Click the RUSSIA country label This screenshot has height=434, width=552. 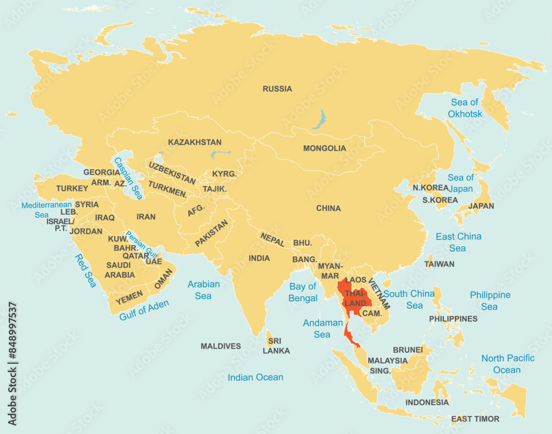pos(277,89)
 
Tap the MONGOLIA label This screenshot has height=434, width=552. pos(325,149)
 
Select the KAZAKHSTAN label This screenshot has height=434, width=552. pos(195,142)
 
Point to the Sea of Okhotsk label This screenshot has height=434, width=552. pos(465,108)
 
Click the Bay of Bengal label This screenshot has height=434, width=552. pos(303,293)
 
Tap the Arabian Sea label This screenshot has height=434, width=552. pos(203,290)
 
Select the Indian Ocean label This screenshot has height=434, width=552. pos(256,378)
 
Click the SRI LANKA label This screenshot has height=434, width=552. pos(276,346)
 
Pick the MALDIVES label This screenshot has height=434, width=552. pos(221,346)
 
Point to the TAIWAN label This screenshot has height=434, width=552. pos(439,264)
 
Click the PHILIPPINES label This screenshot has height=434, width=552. pos(453,319)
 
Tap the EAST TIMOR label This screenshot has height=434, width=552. pos(475,419)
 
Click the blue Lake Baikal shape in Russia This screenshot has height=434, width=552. pos(320,119)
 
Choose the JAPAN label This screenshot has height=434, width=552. pos(481,206)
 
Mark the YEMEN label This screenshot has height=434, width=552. pos(129,296)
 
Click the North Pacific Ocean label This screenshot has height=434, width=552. pos(507,364)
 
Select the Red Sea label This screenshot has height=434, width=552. pos(86,271)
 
